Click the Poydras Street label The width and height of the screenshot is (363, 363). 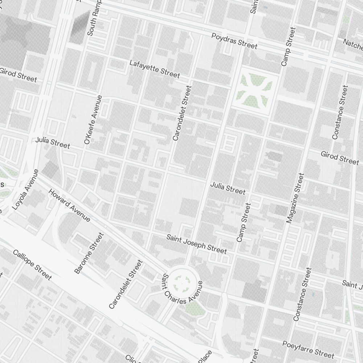pos(234,41)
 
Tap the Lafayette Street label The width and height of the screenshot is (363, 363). pos(155,69)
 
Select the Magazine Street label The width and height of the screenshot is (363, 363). pos(295,198)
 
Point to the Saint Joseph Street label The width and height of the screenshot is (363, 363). pos(197,244)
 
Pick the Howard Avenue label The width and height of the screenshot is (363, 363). pos(69,205)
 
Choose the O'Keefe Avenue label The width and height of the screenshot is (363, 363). pos(93,120)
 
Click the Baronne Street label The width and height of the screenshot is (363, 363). pos(89,253)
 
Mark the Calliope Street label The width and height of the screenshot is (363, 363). pos(32,265)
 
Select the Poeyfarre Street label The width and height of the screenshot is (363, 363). pos(308,349)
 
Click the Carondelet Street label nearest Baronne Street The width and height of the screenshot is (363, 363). pos(125,284)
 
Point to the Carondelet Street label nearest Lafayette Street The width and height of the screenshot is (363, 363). pos(182,113)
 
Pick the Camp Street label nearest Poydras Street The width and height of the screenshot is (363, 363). pos(289,46)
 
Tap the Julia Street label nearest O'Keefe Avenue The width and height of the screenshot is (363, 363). pos(53,143)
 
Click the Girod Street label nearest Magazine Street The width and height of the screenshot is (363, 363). pos(339,158)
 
